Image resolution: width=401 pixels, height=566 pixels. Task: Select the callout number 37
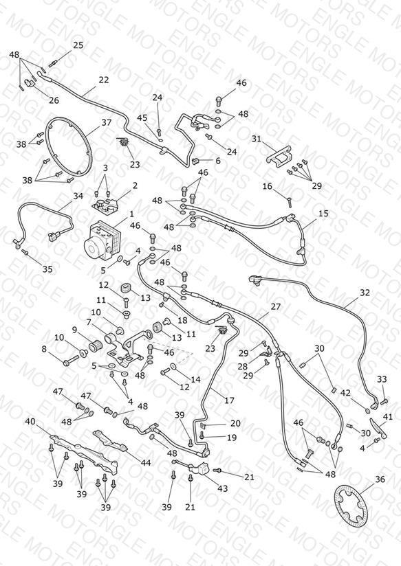click(x=107, y=123)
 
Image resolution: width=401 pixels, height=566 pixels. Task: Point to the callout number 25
click(x=78, y=45)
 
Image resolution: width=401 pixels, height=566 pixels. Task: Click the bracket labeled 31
click(x=280, y=157)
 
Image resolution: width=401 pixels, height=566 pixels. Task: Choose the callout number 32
click(x=365, y=293)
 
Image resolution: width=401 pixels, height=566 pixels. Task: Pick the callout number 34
click(x=78, y=196)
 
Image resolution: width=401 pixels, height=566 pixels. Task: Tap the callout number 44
click(x=146, y=463)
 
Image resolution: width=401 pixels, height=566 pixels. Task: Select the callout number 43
click(x=222, y=488)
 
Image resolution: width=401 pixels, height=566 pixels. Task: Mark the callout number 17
click(x=229, y=400)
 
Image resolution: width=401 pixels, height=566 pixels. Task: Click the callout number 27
click(x=276, y=306)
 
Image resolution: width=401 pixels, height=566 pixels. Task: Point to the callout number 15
click(x=324, y=214)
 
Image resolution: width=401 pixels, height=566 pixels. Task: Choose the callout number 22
click(x=104, y=80)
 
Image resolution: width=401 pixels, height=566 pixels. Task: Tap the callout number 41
click(x=388, y=417)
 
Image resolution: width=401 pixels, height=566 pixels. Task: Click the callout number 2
click(x=135, y=185)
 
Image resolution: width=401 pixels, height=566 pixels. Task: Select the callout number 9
click(x=74, y=330)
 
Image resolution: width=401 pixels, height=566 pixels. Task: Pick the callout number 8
click(x=44, y=350)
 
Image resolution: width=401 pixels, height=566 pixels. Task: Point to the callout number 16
click(x=267, y=186)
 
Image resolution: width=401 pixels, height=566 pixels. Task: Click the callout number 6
click(x=217, y=160)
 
